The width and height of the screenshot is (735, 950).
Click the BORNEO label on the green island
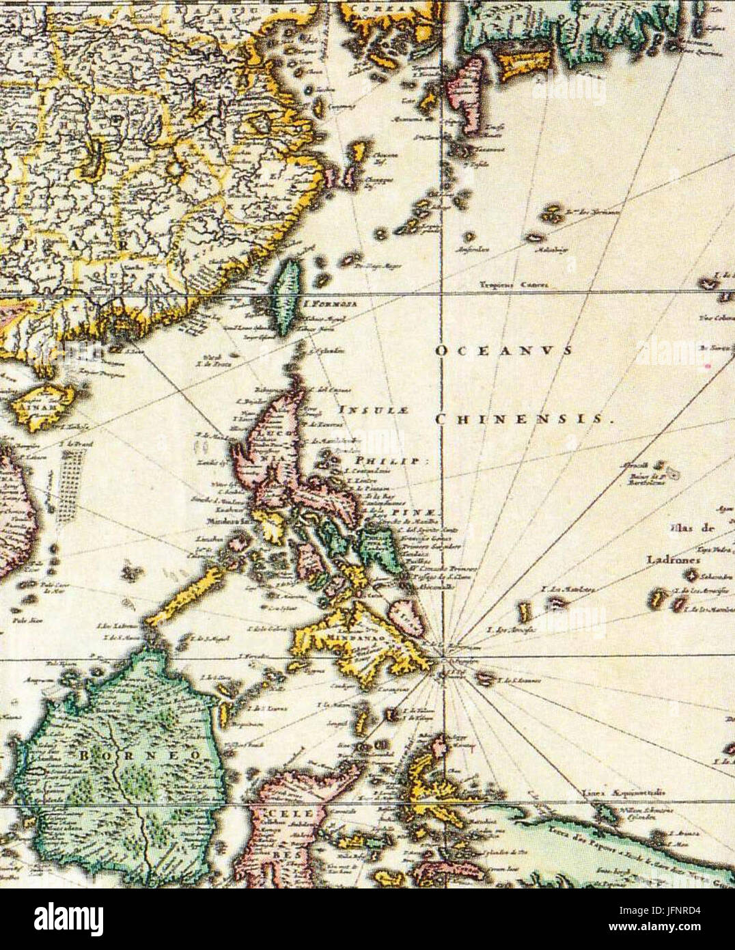(140, 755)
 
